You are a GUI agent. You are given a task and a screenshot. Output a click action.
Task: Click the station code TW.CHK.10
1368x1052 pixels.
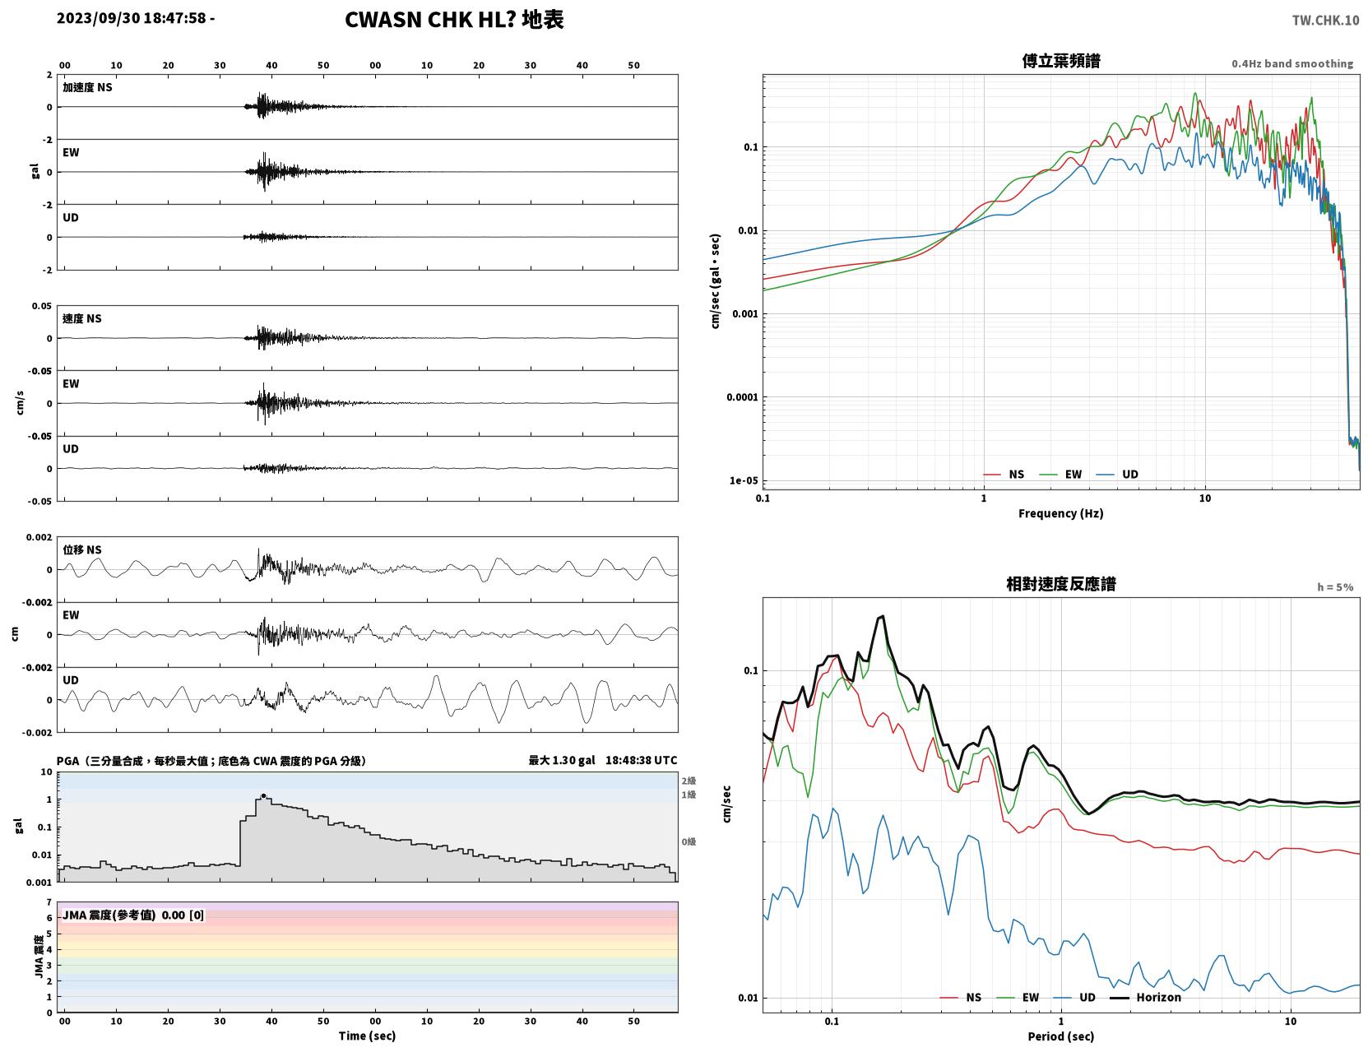[1325, 20]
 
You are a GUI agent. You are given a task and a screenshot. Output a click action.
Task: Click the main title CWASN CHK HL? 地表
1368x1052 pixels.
[454, 20]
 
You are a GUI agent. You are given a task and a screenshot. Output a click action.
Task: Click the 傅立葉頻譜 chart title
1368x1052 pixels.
[1061, 61]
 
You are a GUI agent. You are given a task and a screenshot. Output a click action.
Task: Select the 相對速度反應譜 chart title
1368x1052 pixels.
[1061, 584]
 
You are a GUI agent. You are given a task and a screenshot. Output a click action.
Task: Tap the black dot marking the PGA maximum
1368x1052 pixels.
[263, 796]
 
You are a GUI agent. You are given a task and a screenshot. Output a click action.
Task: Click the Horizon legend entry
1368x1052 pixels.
[1145, 997]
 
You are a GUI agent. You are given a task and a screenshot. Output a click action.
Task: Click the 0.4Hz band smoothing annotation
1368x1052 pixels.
[1292, 63]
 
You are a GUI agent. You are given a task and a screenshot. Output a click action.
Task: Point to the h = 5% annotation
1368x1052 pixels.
[1335, 587]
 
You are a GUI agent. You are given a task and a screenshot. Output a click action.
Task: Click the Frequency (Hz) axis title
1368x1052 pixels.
[1061, 513]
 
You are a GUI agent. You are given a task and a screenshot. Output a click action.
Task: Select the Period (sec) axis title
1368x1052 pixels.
[1061, 1036]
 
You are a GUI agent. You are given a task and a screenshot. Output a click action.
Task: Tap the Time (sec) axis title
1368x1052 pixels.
[367, 1036]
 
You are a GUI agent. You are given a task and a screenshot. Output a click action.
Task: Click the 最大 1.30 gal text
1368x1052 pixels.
[562, 760]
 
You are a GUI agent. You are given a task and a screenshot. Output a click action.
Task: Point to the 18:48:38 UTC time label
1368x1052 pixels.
[642, 760]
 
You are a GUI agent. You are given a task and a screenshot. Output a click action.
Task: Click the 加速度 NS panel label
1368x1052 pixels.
[87, 87]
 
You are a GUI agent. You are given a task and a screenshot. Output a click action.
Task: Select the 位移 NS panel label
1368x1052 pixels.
[81, 550]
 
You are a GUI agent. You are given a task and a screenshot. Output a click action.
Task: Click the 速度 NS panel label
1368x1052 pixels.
[81, 318]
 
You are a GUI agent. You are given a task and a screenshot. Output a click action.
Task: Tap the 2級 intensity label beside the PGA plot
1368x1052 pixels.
[689, 781]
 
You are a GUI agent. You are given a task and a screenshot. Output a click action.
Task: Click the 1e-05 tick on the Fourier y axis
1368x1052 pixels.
[744, 480]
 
